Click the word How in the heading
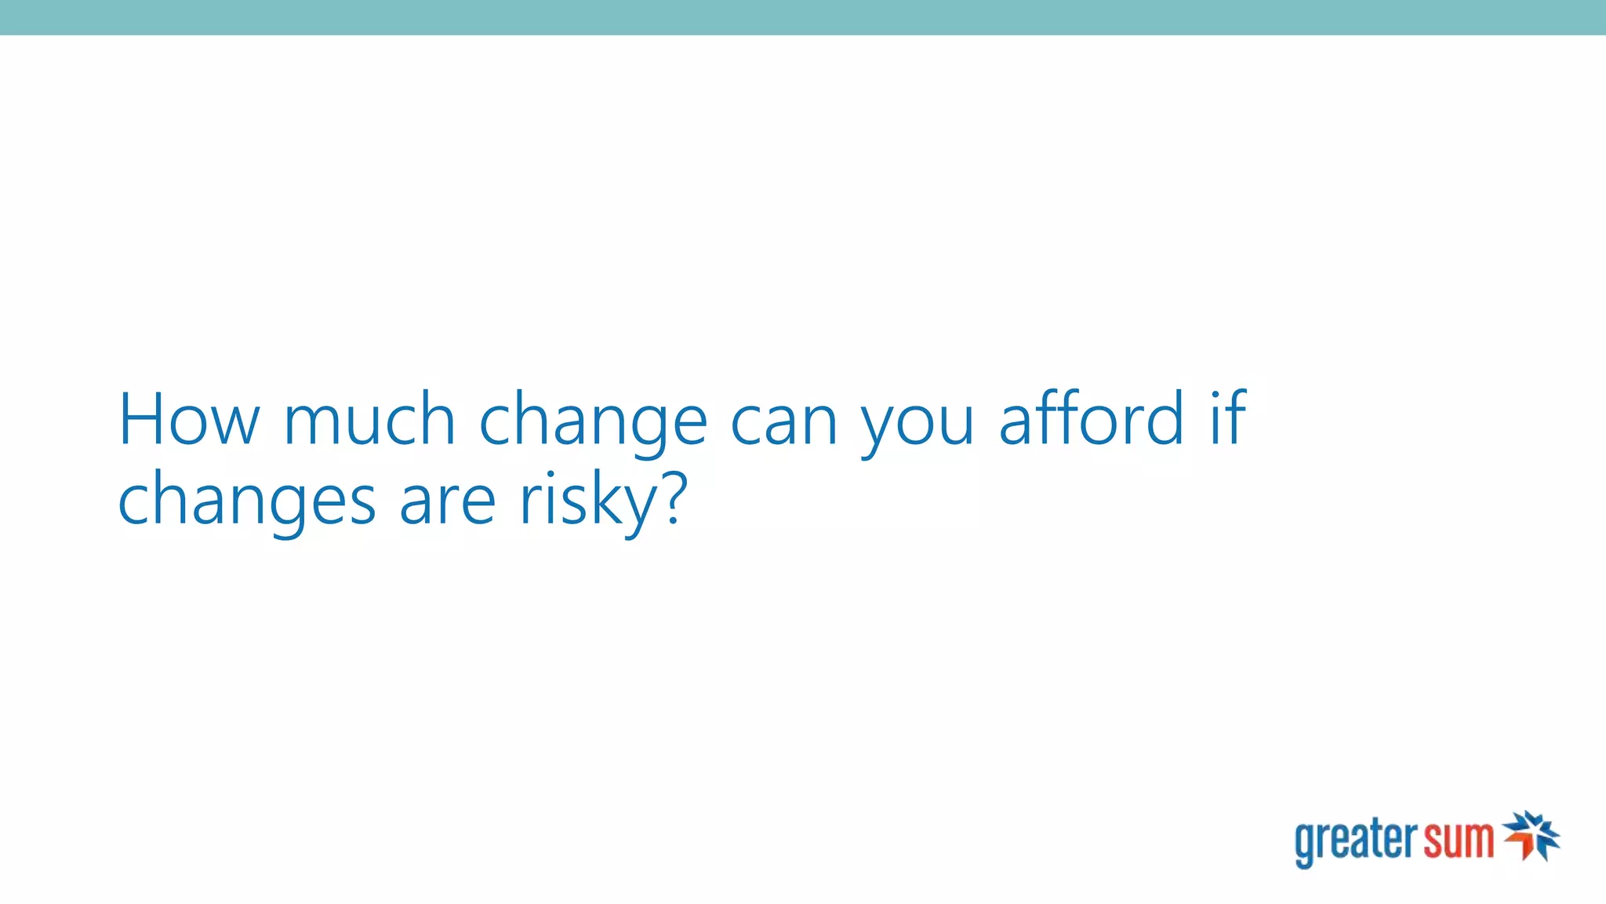pos(188,420)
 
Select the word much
pos(369,420)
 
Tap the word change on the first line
pos(593,424)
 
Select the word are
pos(448,502)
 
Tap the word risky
pos(588,502)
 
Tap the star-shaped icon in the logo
pos(1532,836)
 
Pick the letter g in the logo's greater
pos(1305,844)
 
